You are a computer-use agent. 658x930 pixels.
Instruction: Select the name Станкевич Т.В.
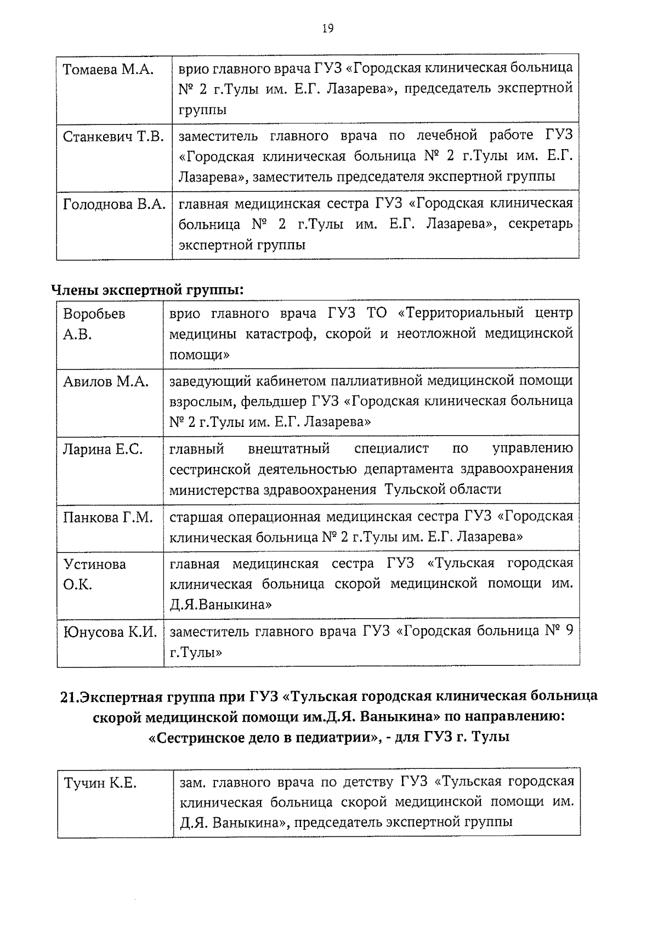(x=114, y=136)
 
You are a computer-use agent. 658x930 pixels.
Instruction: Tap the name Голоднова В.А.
(x=114, y=204)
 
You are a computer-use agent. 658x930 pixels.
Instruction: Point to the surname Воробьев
(x=94, y=314)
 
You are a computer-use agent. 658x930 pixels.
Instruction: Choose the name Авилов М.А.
(x=106, y=381)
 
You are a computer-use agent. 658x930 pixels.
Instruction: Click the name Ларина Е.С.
(x=103, y=449)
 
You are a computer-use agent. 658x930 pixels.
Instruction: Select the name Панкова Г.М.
(x=107, y=517)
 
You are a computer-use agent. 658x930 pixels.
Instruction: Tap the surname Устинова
(x=94, y=564)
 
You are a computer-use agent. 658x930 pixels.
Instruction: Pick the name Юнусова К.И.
(x=110, y=632)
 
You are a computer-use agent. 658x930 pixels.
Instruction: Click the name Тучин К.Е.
(x=100, y=783)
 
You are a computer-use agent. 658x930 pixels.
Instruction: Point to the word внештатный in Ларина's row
(x=288, y=449)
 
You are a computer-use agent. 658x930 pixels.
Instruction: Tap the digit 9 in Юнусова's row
(x=569, y=631)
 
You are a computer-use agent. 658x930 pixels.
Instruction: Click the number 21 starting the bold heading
(x=67, y=697)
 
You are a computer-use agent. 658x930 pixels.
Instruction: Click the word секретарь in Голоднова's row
(x=541, y=224)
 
